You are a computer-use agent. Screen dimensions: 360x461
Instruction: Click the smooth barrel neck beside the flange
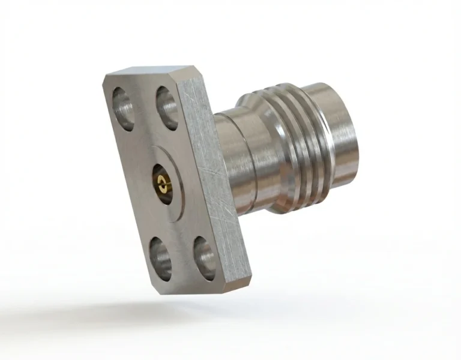(237, 156)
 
